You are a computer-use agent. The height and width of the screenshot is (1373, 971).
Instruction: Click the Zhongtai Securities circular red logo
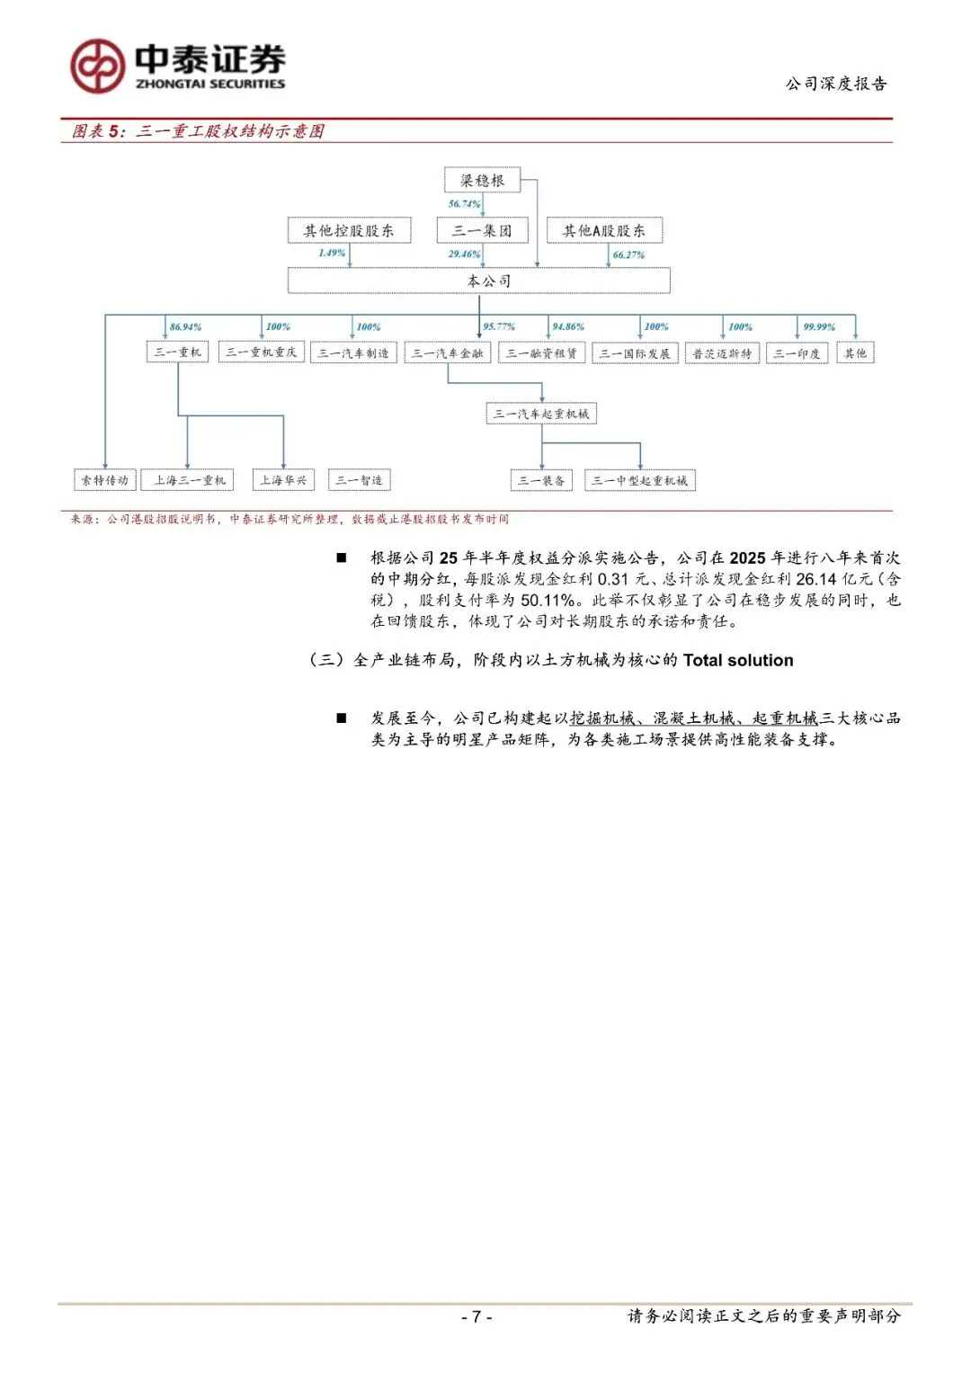pos(97,66)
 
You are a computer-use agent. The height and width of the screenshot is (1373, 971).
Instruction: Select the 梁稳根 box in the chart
pos(483,180)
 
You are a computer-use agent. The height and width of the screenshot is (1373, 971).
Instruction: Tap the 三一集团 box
pos(482,230)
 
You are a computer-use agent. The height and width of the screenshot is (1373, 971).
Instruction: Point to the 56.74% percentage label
pos(464,204)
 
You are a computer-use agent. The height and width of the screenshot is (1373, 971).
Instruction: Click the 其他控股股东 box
pos(349,230)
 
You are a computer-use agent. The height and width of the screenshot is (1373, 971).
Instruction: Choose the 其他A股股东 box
pos(604,230)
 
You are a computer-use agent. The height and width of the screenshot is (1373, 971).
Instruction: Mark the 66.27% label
pos(628,254)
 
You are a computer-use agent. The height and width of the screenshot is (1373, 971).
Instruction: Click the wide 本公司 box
pos(479,281)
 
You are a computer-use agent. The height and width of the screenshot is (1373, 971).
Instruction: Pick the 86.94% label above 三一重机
pos(185,326)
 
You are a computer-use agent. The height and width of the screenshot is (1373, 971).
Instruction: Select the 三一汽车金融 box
pos(448,353)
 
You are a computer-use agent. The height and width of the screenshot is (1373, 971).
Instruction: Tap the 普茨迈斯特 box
pos(722,353)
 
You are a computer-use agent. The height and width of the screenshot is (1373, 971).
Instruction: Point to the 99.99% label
pos(819,326)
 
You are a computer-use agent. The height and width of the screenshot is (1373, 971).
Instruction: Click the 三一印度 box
pos(797,353)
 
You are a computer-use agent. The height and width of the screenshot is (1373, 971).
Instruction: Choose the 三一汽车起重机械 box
pos(541,414)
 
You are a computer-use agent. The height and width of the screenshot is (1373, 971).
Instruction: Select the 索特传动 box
pos(105,480)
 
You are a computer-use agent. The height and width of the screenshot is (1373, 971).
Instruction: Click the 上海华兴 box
pos(283,480)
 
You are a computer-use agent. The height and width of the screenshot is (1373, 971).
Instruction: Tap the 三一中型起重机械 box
pos(640,480)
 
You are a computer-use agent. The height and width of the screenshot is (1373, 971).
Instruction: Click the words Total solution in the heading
pos(738,660)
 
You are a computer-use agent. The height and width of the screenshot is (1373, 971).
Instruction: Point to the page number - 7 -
pos(477,1316)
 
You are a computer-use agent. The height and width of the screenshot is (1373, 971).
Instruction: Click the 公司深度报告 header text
pos(836,84)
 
